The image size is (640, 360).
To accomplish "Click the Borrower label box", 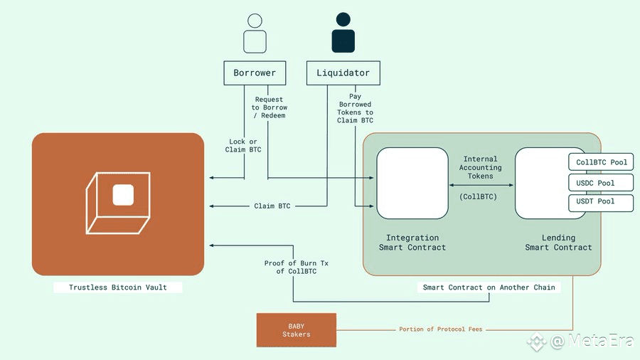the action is pos(255,73).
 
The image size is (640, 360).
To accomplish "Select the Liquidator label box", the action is pos(343,73).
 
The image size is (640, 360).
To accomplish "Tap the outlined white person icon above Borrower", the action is pos(255,33).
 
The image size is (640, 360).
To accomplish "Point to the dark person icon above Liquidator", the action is pos(343,33).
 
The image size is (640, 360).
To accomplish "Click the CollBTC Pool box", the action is pos(601,162).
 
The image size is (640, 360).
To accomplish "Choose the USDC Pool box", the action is pos(601,183).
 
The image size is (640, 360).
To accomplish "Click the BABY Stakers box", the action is pos(297,330).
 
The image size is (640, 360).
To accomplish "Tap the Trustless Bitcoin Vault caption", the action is pos(118,287).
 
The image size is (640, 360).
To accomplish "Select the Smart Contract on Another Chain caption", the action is pos(489,287).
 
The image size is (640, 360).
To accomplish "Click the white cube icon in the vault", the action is pos(118,203).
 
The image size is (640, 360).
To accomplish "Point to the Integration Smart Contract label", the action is pos(412,243).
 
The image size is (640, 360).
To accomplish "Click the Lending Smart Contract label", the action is pos(558,243).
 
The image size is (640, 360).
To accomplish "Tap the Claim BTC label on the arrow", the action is pos(272,206).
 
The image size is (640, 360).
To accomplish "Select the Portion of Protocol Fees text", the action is pos(441,329).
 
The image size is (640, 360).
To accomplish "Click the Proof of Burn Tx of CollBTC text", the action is pos(297,268).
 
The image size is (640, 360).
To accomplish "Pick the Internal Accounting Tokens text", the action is pos(481,167).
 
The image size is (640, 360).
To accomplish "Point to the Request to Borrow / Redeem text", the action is pos(270,107).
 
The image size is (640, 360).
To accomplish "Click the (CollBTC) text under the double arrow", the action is pos(479,197).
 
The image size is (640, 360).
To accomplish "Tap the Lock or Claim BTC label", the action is pos(243,146).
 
